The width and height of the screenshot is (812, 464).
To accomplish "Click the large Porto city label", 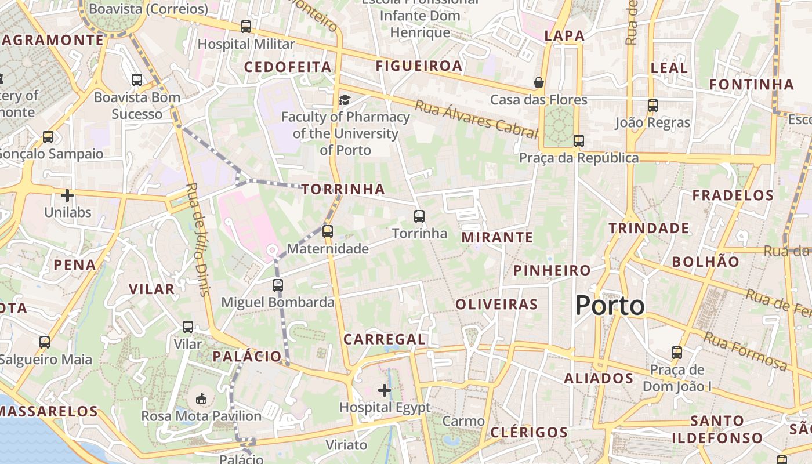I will point(610,305).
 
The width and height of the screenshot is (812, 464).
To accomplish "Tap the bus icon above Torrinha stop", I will point(419,216).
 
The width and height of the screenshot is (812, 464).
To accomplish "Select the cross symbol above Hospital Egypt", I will point(384,390).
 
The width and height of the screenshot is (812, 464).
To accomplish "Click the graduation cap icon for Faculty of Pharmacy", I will point(345,100).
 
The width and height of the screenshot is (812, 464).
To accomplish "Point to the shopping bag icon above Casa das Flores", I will point(539,82).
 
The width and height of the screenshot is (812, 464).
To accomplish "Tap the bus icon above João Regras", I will point(653,106).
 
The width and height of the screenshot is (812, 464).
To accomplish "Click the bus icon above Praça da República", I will point(578,140).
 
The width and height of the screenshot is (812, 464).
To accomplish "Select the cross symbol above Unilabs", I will point(67,195).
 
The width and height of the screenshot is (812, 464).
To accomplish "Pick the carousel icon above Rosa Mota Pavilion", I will point(201,398).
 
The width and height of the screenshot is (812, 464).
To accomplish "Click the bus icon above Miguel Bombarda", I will point(278,285).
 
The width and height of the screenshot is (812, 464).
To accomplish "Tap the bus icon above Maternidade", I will point(328,231).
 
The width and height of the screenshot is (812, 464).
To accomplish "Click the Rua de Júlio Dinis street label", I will point(197,240).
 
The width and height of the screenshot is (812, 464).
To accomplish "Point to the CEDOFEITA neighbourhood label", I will point(288,67).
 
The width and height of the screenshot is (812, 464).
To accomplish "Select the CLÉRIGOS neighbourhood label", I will point(529,432).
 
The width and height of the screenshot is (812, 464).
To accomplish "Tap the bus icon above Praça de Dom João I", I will point(676,352).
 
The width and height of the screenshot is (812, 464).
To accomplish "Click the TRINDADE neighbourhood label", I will point(648,228).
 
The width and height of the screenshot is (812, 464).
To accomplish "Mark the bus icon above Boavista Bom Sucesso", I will point(137,80).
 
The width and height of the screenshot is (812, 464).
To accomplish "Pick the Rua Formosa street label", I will point(745,351).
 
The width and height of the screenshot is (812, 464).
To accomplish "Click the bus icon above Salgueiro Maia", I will point(45,342).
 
